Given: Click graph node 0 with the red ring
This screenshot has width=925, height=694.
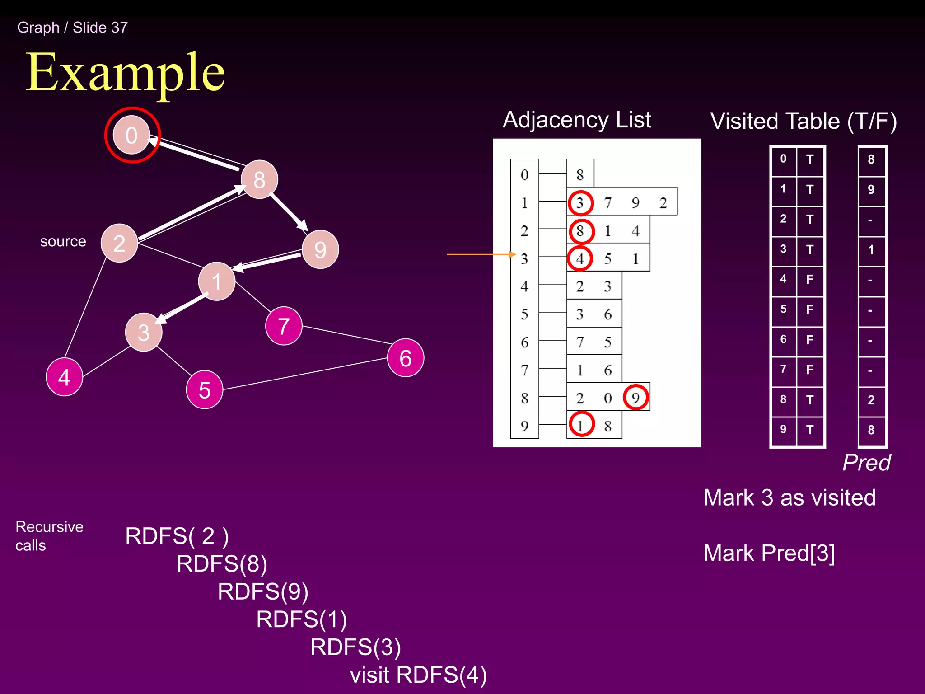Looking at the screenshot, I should click(x=131, y=135).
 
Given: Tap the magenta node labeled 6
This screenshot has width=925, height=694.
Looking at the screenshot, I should click(x=405, y=358).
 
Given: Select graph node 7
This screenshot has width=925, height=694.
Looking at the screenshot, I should click(x=284, y=326).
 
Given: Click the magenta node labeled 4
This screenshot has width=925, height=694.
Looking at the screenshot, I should click(x=64, y=377).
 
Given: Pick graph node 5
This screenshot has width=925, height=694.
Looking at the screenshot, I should click(x=204, y=389).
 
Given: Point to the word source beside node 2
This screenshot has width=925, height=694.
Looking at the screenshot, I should click(x=63, y=241).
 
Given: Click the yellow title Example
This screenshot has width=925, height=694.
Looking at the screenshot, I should click(x=125, y=72).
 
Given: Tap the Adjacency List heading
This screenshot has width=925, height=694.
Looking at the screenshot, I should click(x=577, y=120).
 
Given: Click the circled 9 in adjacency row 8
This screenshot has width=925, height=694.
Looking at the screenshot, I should click(x=635, y=398).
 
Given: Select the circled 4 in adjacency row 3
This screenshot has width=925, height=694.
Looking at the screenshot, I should click(x=580, y=258).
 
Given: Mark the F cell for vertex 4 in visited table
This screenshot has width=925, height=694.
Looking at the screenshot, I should click(x=810, y=279).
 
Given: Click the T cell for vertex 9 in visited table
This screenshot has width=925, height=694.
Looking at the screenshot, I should click(x=810, y=430).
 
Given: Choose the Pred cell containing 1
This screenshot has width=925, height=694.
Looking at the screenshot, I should click(x=871, y=249).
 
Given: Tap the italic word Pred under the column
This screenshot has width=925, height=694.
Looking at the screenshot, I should click(x=866, y=463).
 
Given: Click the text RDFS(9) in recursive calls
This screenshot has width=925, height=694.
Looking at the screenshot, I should click(x=263, y=591).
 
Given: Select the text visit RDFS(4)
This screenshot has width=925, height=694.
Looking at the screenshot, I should click(x=418, y=675).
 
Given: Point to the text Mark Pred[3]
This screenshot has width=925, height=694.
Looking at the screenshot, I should click(x=769, y=553).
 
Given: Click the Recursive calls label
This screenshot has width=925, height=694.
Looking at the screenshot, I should click(x=49, y=536).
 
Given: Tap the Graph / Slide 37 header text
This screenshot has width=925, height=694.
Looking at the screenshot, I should click(x=72, y=28).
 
